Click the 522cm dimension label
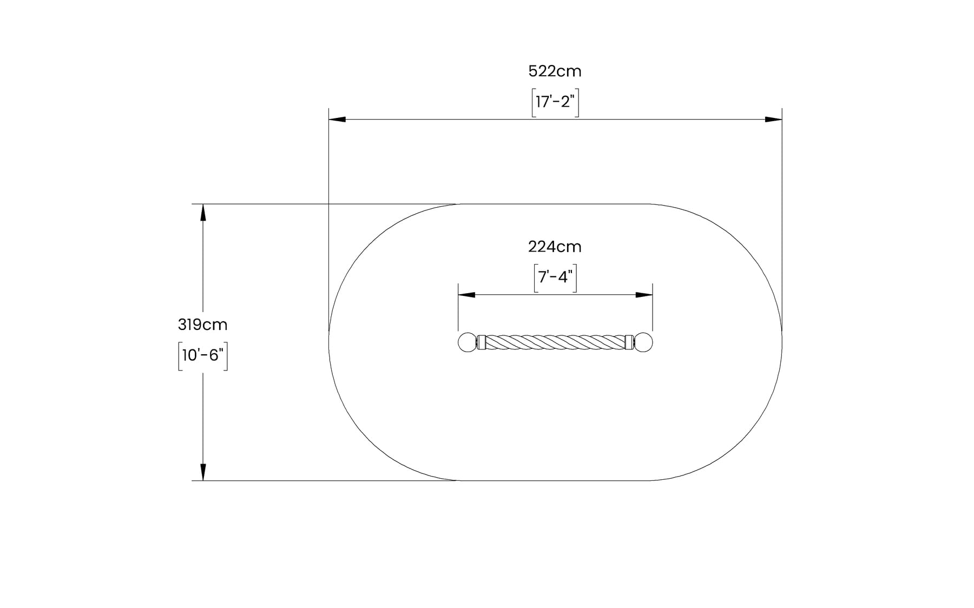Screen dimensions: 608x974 point(555,71)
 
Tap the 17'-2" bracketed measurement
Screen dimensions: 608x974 point(555,102)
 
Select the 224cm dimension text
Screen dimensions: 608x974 point(555,247)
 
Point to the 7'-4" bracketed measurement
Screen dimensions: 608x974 point(555,277)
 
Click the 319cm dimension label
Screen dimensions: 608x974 point(202,325)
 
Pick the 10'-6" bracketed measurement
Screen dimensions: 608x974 point(202,355)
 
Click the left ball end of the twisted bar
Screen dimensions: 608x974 point(466,342)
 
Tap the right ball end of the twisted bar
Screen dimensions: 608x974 point(644,342)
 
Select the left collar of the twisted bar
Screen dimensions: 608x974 point(481,342)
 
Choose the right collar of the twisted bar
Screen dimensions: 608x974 point(629,342)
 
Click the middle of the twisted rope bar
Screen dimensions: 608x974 point(555,342)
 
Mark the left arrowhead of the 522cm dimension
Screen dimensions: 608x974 point(337,119)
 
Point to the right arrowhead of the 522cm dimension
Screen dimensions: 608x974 point(774,119)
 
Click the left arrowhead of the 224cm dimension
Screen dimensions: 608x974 point(466,295)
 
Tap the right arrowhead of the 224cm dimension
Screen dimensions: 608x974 point(644,295)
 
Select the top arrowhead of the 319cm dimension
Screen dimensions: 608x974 point(203,212)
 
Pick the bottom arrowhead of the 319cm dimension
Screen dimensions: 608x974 point(203,472)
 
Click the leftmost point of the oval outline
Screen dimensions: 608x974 point(329,342)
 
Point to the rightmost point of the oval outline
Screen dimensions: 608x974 point(782,342)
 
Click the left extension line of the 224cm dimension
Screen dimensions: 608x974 point(458,308)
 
